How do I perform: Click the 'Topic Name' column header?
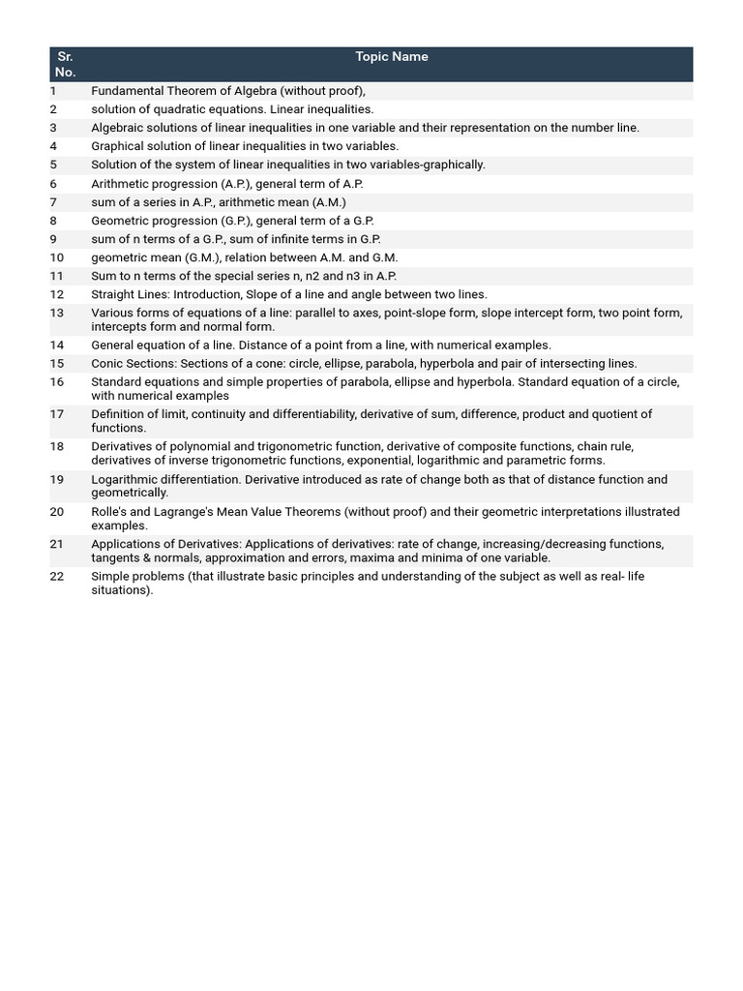391,57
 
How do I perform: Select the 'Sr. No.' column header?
65,64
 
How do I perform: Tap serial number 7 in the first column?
54,202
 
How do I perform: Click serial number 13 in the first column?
57,313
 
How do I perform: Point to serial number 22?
57,577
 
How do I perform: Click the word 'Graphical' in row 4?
117,146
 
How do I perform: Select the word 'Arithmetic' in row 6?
120,184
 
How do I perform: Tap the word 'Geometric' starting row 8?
119,221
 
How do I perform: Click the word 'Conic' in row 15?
107,364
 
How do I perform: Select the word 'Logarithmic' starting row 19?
125,480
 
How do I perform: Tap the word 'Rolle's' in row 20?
110,512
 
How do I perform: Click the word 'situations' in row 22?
120,590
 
